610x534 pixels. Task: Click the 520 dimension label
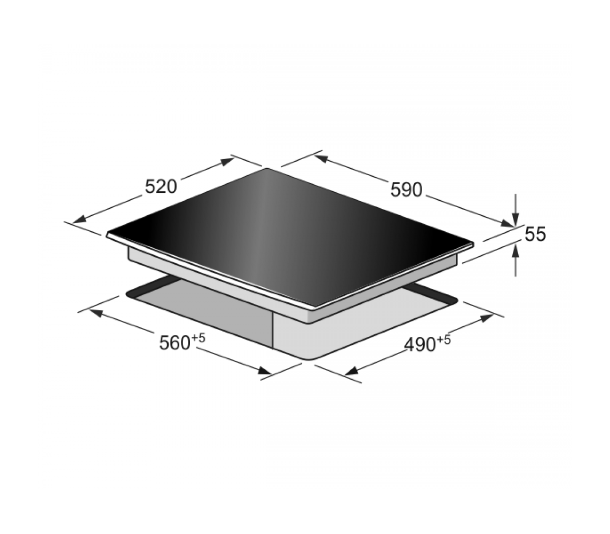(x=161, y=187)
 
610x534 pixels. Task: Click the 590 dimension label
(x=406, y=190)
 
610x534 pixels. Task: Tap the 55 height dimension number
(x=535, y=234)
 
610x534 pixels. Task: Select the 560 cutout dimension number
(x=175, y=343)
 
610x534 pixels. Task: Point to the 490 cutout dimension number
(x=420, y=345)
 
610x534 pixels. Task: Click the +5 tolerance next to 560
(x=198, y=338)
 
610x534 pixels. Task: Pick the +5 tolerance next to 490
(x=443, y=340)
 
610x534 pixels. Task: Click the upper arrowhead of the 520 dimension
(x=227, y=161)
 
